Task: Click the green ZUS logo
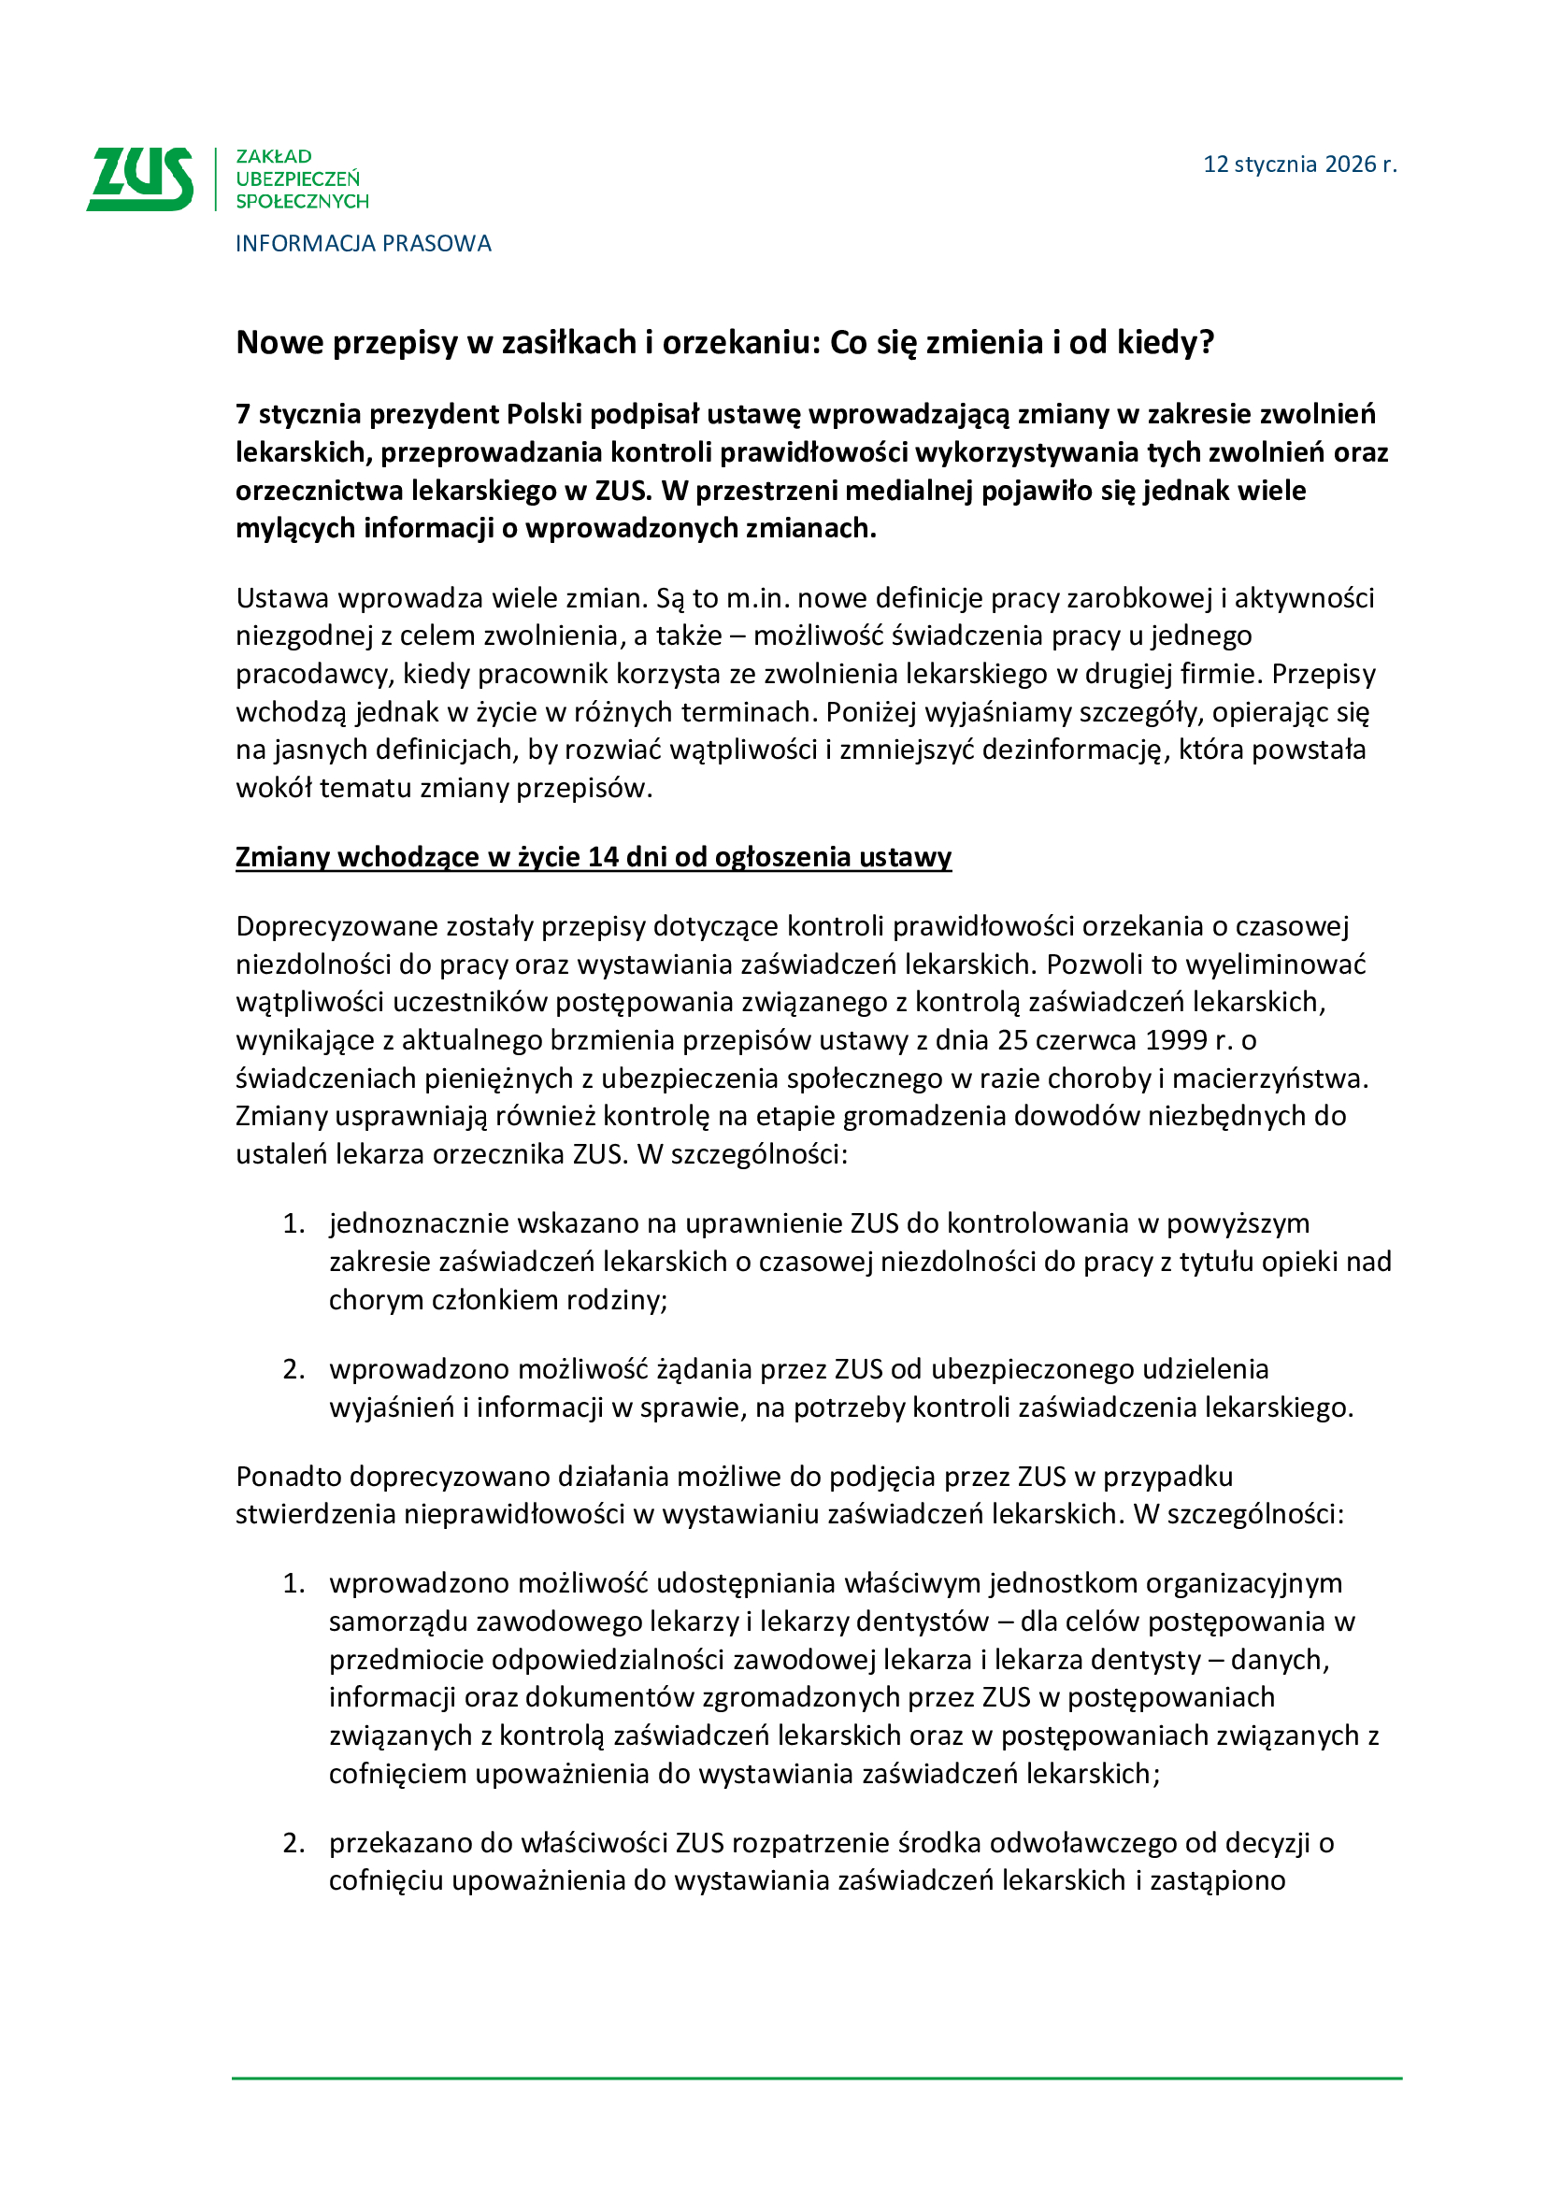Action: click(x=140, y=179)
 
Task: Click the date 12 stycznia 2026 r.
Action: click(x=1299, y=164)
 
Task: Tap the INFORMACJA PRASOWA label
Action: click(x=363, y=244)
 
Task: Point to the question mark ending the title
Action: click(x=1207, y=342)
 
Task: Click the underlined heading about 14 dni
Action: click(x=594, y=857)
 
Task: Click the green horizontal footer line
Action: click(x=816, y=2079)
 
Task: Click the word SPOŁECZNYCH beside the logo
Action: click(x=302, y=202)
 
